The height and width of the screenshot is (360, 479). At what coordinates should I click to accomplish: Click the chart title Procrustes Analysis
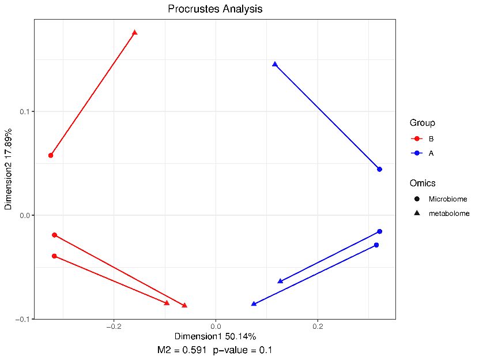click(x=215, y=9)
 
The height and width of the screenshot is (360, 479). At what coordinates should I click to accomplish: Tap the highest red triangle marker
click(x=135, y=32)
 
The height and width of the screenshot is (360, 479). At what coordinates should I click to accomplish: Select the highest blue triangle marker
click(x=275, y=64)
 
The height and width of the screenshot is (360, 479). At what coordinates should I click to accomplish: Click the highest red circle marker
click(x=51, y=155)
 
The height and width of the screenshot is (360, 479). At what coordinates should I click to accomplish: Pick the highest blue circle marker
click(x=379, y=169)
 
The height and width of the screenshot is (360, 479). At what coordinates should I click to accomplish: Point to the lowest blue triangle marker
click(x=254, y=303)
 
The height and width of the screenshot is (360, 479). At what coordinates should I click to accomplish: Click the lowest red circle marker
click(x=54, y=256)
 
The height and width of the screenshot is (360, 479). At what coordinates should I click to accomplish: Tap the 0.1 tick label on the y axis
click(x=24, y=111)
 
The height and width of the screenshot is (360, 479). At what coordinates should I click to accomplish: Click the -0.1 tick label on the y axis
click(x=22, y=319)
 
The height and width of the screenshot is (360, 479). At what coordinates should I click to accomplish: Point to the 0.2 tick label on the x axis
click(x=318, y=327)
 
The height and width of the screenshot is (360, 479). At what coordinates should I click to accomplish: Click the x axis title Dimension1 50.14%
click(x=215, y=336)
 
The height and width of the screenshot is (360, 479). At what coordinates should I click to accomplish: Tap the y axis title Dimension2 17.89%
click(x=9, y=168)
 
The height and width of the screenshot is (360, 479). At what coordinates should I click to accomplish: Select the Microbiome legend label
click(x=447, y=199)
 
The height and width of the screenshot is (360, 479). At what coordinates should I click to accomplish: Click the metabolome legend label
click(x=448, y=213)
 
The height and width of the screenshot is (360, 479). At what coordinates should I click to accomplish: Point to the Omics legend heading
click(x=423, y=183)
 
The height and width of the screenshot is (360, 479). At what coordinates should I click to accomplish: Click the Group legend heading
click(x=422, y=123)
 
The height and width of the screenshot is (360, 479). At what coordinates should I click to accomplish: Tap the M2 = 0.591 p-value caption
click(x=215, y=350)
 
